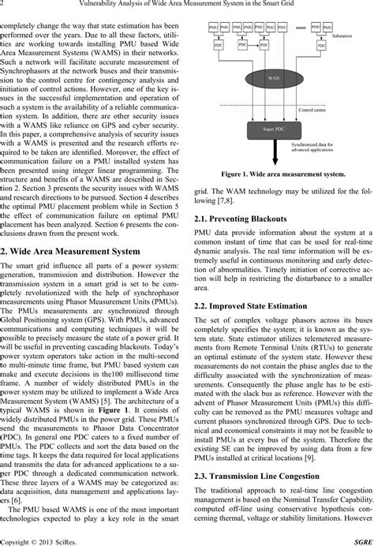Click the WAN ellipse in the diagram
[266, 81]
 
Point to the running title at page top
[187, 6]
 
